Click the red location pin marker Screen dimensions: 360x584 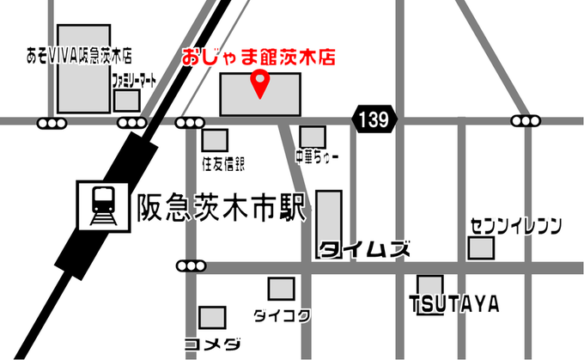click(260, 83)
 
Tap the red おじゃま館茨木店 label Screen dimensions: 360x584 click(258, 58)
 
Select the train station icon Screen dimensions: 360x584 click(100, 205)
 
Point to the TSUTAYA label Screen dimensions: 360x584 click(454, 305)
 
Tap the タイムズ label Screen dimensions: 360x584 click(360, 250)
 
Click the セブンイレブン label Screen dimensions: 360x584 click(515, 226)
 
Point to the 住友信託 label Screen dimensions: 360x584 click(223, 162)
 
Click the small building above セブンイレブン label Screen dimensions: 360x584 click(481, 248)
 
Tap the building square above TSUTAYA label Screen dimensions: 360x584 click(430, 285)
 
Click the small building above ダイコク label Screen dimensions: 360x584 click(281, 289)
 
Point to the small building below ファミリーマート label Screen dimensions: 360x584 click(127, 100)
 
